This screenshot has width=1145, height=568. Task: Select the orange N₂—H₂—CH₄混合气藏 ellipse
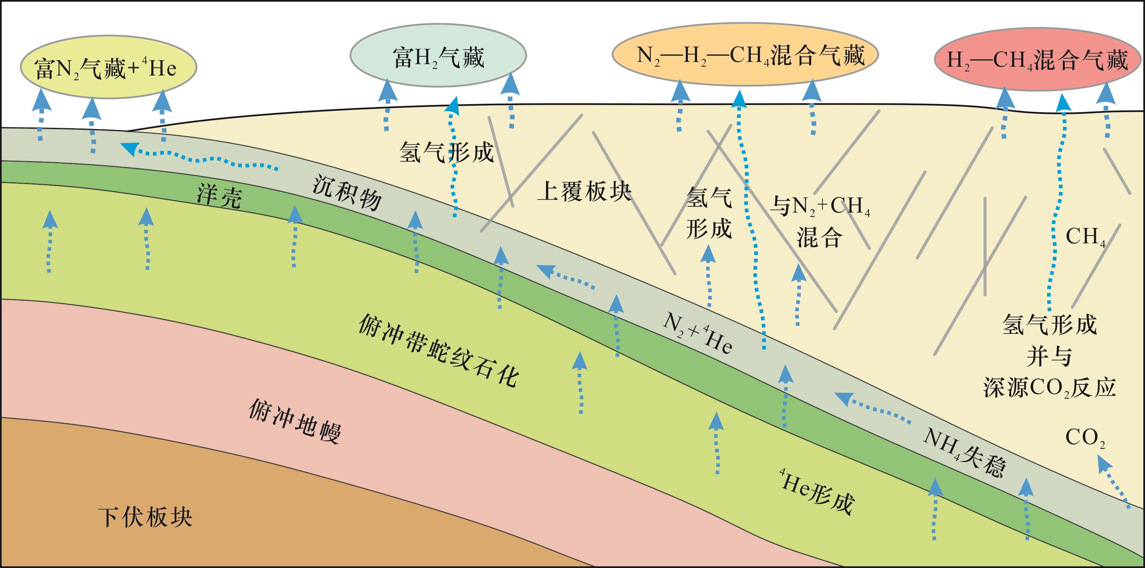coord(745,55)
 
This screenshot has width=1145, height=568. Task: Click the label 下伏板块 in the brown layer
coord(145,517)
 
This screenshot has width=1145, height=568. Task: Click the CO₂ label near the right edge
coord(1085,438)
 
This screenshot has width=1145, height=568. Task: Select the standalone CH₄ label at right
coord(1085,237)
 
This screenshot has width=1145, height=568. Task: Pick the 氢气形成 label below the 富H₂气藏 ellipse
coord(446,152)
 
